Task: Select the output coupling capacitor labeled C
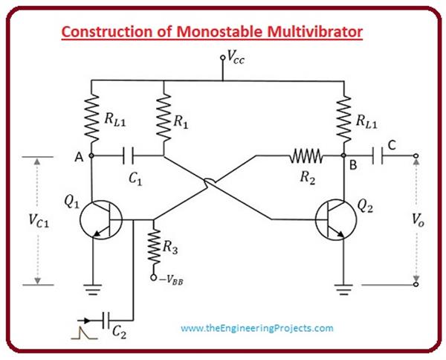click(387, 156)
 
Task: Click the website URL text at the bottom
click(257, 327)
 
